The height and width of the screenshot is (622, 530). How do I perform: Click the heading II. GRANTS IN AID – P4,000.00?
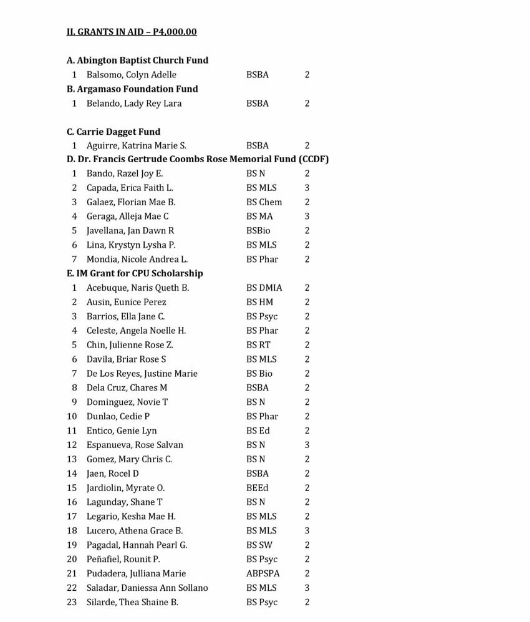coord(132,32)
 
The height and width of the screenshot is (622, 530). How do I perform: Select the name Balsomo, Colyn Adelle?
coord(131,75)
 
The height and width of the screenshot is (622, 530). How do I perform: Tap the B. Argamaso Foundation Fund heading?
coord(132,89)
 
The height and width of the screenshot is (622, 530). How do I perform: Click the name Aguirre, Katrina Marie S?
coord(136,146)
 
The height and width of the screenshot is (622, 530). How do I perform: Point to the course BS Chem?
coord(264,202)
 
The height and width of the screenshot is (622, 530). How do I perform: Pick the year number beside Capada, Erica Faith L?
coord(307,188)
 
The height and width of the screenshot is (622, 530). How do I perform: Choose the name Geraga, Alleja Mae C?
coord(127,216)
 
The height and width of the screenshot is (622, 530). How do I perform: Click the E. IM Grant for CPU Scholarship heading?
coord(135,273)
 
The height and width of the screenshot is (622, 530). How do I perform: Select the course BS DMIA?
coord(264,288)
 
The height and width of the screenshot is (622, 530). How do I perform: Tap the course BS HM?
coord(259,302)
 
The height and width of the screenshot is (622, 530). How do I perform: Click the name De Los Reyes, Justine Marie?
coord(142,374)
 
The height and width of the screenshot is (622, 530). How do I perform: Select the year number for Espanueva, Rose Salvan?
coord(307,445)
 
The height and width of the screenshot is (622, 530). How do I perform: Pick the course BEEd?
coord(258,488)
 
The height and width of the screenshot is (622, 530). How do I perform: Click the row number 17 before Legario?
coord(72,517)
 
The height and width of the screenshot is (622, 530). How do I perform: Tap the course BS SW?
coord(259,545)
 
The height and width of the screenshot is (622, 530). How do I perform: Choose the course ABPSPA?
coord(263,573)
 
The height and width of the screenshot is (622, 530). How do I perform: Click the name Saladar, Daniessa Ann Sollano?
coord(147,588)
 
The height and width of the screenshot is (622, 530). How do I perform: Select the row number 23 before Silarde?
coord(72,602)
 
